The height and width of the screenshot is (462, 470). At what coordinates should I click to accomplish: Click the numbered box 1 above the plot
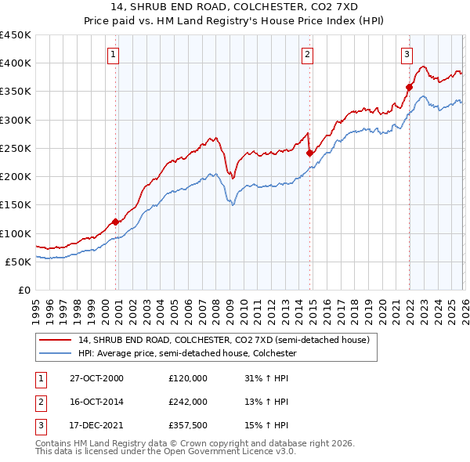(x=114, y=54)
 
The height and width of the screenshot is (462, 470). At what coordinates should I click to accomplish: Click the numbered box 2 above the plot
(x=307, y=54)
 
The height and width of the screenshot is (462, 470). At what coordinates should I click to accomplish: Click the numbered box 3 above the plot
(x=407, y=54)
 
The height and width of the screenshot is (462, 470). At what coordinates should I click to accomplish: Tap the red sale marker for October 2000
(x=116, y=222)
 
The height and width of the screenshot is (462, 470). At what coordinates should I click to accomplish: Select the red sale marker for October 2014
(x=309, y=153)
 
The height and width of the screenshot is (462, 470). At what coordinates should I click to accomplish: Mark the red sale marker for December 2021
(x=409, y=87)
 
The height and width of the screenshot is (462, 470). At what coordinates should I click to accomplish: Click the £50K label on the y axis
(x=17, y=262)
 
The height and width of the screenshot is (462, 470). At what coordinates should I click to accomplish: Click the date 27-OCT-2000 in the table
(x=96, y=377)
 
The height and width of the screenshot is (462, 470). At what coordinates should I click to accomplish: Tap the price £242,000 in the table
(x=188, y=401)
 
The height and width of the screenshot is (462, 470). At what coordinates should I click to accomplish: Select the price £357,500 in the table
(x=188, y=424)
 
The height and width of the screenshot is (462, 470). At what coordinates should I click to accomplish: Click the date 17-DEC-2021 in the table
(x=96, y=424)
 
